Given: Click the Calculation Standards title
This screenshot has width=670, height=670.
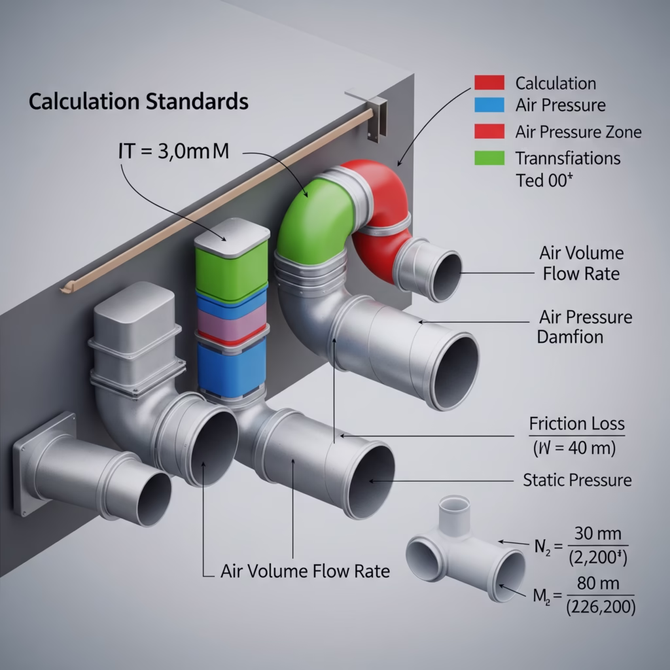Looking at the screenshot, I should pyautogui.click(x=138, y=102).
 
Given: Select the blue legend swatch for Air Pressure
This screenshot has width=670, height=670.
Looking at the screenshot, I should pyautogui.click(x=487, y=105).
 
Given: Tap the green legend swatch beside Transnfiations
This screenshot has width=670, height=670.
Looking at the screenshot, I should pyautogui.click(x=487, y=158).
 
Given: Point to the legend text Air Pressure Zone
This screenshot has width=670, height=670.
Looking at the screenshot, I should pyautogui.click(x=578, y=132).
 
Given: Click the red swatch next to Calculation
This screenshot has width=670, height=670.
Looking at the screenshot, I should pyautogui.click(x=487, y=82).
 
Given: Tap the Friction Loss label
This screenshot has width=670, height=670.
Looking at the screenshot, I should pyautogui.click(x=576, y=424).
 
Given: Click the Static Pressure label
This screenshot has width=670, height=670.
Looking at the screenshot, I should pyautogui.click(x=577, y=480).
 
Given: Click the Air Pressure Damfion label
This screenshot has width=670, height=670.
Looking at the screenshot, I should pyautogui.click(x=585, y=327).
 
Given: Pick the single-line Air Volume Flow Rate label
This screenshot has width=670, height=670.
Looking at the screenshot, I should pyautogui.click(x=305, y=571).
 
